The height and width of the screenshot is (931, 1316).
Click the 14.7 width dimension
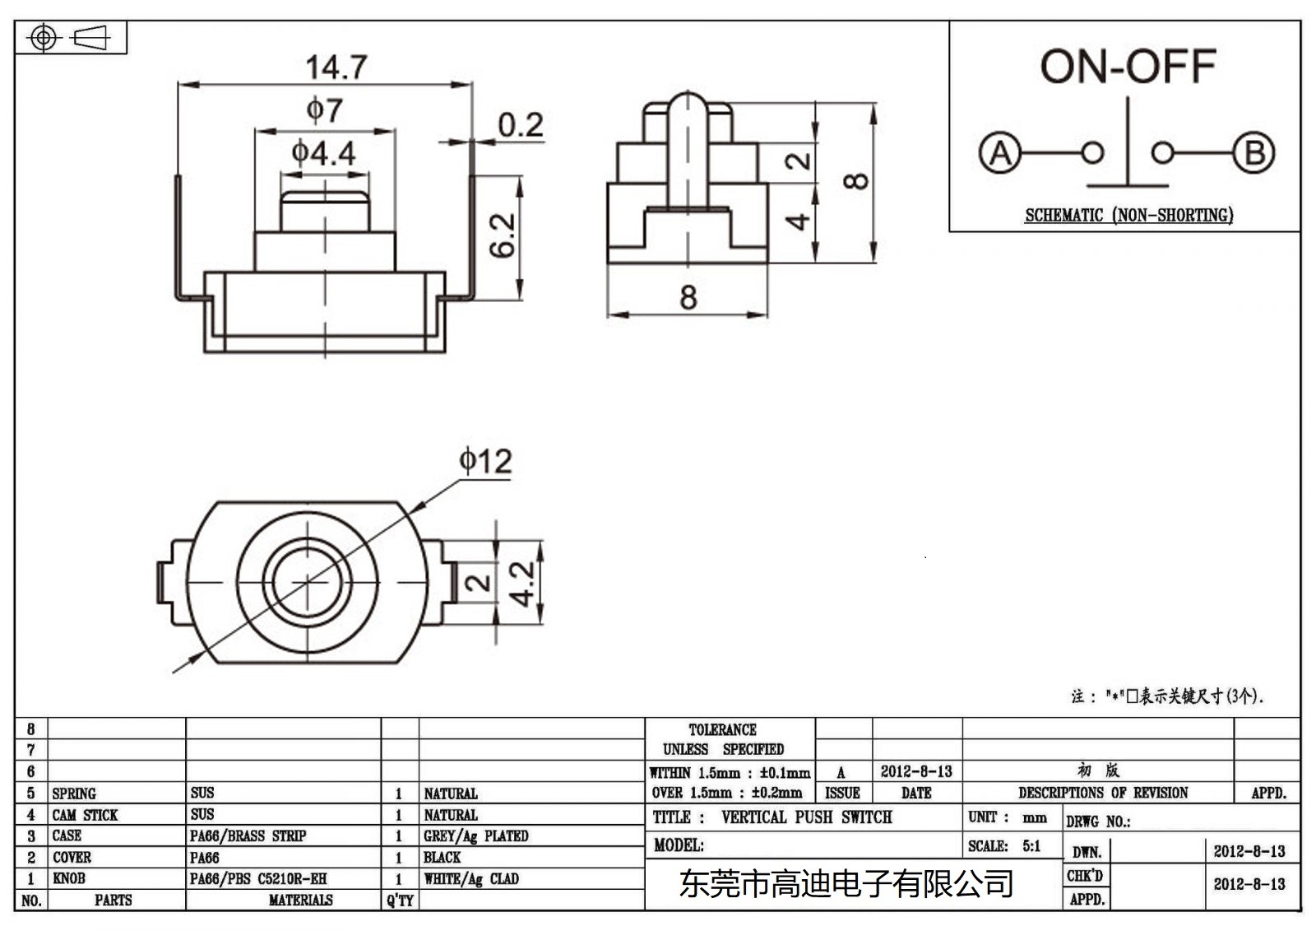336,67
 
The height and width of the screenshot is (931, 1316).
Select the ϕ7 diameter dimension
324,110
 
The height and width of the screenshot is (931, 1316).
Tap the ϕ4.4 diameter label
323,153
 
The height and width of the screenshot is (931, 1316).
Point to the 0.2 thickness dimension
520,125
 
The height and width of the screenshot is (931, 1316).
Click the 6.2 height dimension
503,235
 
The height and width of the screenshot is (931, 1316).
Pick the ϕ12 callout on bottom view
485,461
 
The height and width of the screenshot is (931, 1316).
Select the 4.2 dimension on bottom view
521,583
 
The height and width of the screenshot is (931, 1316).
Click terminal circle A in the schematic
1000,153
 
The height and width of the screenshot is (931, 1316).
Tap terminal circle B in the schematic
1254,153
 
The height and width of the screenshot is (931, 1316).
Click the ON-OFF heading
1128,67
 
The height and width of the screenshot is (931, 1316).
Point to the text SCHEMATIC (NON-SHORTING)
1128,216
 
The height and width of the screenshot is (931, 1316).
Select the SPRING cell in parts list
74,794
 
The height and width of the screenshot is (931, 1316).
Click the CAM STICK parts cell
85,815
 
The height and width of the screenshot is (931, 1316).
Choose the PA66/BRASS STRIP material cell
248,836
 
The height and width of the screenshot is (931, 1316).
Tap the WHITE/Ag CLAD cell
471,879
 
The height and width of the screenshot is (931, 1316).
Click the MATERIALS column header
300,901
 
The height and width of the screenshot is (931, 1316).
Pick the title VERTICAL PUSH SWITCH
806,817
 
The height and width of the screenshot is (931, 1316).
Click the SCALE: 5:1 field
1004,846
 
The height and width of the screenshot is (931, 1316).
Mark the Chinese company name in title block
846,885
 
